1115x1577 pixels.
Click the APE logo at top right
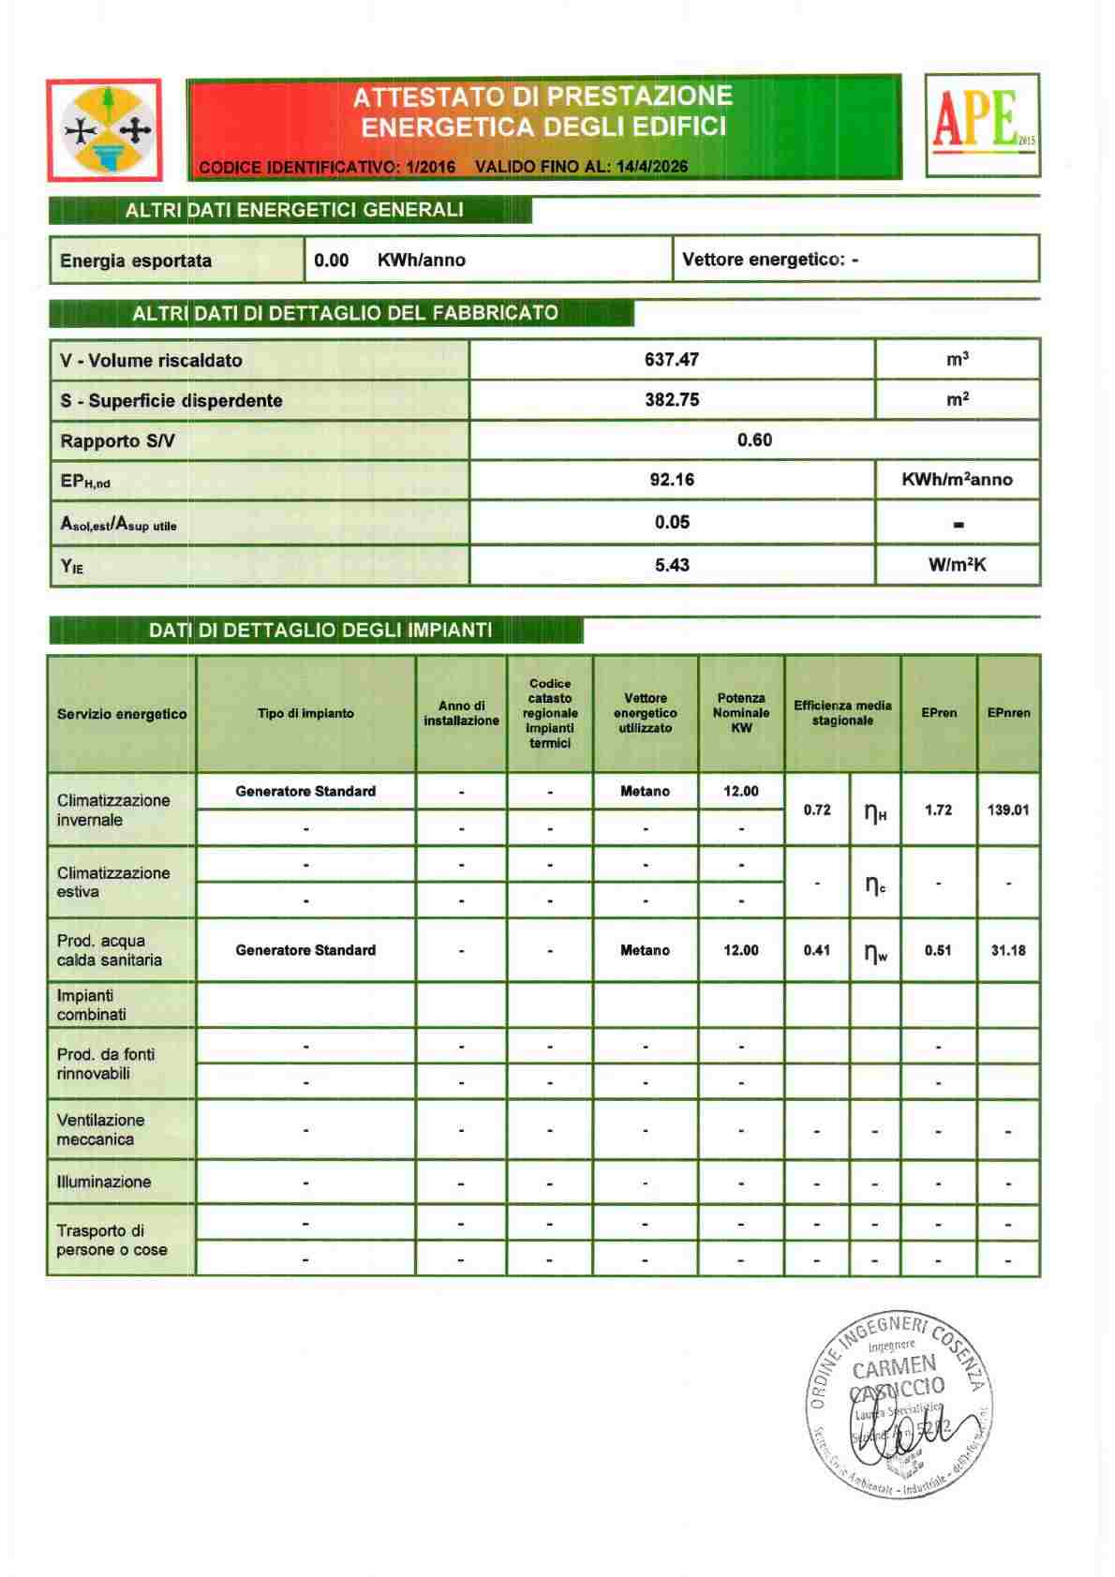pos(982,126)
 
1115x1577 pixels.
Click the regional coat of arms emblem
pos(105,129)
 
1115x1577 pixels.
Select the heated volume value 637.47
pos(672,360)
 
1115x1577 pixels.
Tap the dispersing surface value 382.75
pos(672,400)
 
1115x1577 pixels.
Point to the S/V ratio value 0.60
pos(754,440)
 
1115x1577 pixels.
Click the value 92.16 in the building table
pos(672,480)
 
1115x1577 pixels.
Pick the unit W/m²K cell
pos(957,565)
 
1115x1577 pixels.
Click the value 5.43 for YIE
pos(672,565)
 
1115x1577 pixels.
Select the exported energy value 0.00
pos(332,260)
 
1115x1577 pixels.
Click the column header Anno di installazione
pos(461,713)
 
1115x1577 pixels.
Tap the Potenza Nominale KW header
pos(741,713)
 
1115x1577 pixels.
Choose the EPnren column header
pos(1008,713)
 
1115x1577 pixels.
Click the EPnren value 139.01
pos(1008,810)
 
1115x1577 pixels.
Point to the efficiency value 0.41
pos(817,950)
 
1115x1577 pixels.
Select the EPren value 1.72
pos(938,810)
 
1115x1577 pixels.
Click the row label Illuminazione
pos(104,1182)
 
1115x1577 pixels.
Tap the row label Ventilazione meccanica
pos(101,1130)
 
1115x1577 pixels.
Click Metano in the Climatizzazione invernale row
pos(645,792)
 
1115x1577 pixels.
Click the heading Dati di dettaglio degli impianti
pos(320,631)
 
